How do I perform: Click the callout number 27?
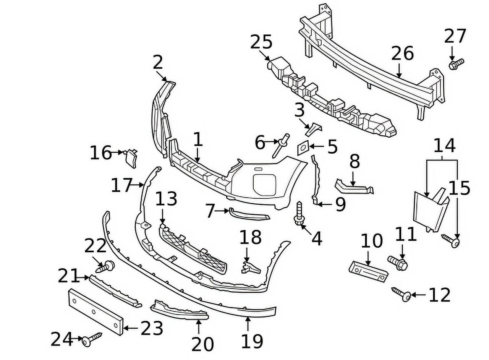[455, 36]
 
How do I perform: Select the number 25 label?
[261, 42]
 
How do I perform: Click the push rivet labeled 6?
[281, 145]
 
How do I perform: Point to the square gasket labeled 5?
[303, 148]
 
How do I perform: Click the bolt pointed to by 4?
[299, 214]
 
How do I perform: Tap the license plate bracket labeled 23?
[96, 311]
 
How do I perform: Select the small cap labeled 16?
[131, 158]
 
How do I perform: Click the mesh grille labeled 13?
[193, 250]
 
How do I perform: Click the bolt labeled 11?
[398, 263]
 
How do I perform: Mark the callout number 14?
[445, 146]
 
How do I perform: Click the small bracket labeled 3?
[313, 129]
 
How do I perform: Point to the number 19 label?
[252, 341]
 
